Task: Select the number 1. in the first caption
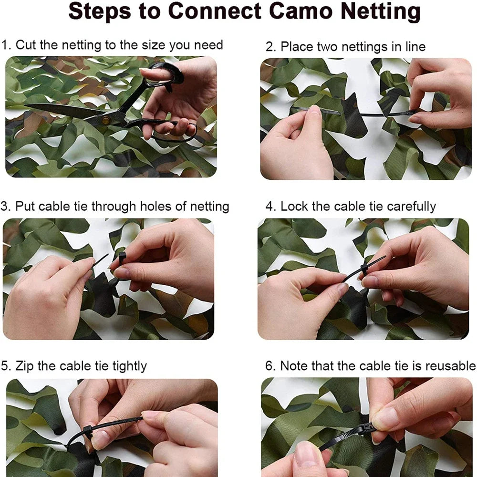pyautogui.click(x=6, y=45)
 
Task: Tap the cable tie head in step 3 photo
pyautogui.click(x=122, y=258)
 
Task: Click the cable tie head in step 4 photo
pyautogui.click(x=365, y=270)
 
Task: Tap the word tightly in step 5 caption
pyautogui.click(x=129, y=366)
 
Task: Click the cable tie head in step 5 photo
pyautogui.click(x=88, y=431)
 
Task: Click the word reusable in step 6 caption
pyautogui.click(x=450, y=366)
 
